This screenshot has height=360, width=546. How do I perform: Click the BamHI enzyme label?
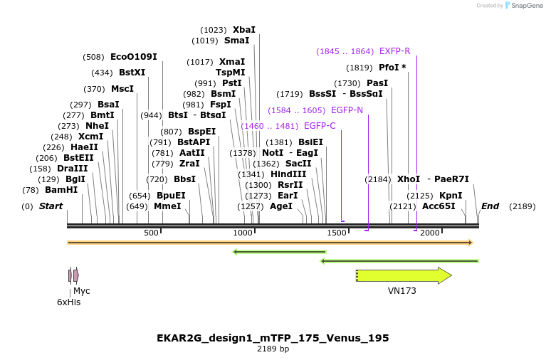coord(61,190)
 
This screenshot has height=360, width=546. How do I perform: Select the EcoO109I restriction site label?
coord(133,57)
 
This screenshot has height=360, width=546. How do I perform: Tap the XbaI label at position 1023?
coord(243,30)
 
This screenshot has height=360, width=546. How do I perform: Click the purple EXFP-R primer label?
coord(394,51)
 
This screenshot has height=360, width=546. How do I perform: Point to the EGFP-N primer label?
coord(347,110)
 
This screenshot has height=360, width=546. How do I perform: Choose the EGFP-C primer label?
coord(320,126)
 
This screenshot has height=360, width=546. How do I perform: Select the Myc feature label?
coord(82,291)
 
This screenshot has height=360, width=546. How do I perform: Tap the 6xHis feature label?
coord(68,302)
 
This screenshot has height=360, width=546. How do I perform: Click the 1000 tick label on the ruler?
coord(243,233)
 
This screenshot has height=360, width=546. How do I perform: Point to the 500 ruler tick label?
coord(152,233)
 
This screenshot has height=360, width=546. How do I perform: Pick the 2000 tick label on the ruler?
coord(430,233)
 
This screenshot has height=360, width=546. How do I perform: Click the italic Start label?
coord(51,206)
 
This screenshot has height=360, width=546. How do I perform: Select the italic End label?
coord(490,206)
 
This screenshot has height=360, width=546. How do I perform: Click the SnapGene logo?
coord(525,6)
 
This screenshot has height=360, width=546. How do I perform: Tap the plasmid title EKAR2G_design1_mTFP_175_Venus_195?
coord(273,337)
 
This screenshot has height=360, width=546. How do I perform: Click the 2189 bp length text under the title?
coord(273,349)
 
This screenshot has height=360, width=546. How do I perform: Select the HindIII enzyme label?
coord(288,174)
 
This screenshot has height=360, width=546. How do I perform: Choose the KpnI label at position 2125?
coord(450,195)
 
